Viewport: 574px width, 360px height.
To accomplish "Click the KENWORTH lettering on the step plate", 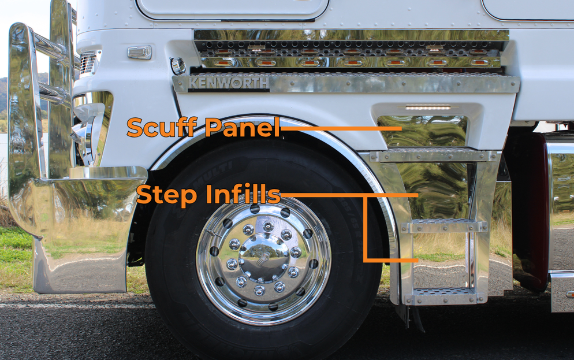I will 228,83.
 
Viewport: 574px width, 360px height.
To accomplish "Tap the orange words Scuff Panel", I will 203,127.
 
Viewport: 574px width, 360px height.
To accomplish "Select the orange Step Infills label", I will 208,195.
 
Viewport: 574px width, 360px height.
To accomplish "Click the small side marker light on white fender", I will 140,53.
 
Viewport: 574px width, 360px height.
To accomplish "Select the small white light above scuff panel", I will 427,107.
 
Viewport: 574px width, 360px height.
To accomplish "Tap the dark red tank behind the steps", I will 528,214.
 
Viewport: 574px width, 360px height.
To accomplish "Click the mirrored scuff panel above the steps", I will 422,133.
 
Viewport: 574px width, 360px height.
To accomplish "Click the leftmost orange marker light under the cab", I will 225,61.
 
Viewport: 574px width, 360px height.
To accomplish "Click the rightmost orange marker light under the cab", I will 479,61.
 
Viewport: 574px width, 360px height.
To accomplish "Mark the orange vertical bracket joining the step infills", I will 366,228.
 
